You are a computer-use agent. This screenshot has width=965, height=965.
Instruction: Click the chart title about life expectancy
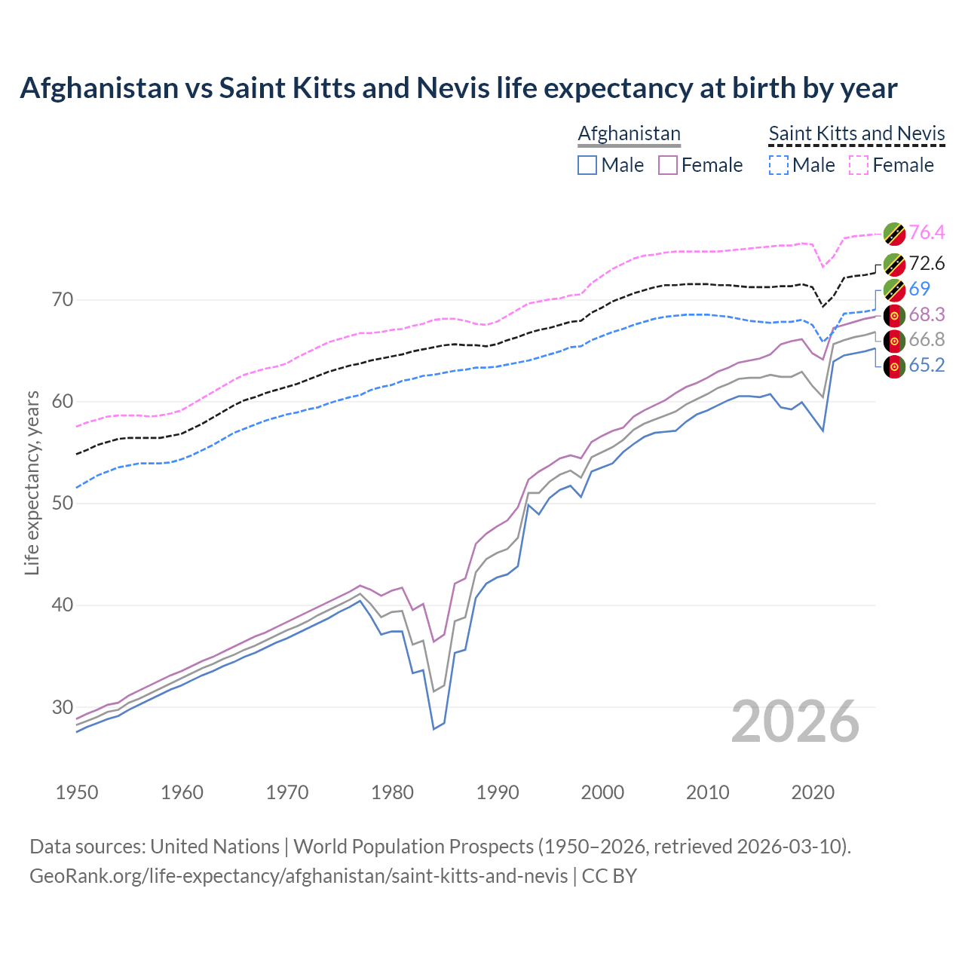458,88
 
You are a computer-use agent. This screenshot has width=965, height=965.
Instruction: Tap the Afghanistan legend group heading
629,133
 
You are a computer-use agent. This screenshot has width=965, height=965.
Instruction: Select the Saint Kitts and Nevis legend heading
856,133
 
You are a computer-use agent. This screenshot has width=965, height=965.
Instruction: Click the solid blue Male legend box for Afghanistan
587,165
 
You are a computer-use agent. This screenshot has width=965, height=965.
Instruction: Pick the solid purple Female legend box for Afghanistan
668,165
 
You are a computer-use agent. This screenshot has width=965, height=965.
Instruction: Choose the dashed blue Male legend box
779,165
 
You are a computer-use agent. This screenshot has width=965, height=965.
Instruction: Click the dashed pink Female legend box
859,165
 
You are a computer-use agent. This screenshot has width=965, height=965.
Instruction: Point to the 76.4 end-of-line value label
927,233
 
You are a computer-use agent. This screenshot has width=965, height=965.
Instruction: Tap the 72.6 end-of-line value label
927,263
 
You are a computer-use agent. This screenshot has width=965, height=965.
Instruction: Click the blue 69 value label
919,289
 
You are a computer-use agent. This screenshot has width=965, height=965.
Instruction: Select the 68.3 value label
927,314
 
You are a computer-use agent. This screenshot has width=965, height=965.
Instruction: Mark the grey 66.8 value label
927,340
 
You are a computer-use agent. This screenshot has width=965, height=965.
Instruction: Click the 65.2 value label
927,366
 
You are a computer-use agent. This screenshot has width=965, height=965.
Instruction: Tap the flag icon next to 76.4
894,234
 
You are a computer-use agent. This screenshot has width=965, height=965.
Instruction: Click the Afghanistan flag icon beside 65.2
894,367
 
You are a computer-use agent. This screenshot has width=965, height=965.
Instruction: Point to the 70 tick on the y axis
63,300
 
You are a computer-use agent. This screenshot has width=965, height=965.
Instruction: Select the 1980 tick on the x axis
393,792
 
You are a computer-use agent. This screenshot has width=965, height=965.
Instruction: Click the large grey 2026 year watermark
795,721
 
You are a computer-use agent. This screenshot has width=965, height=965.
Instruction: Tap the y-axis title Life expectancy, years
32,482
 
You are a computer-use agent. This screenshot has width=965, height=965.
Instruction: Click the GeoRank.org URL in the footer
299,876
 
